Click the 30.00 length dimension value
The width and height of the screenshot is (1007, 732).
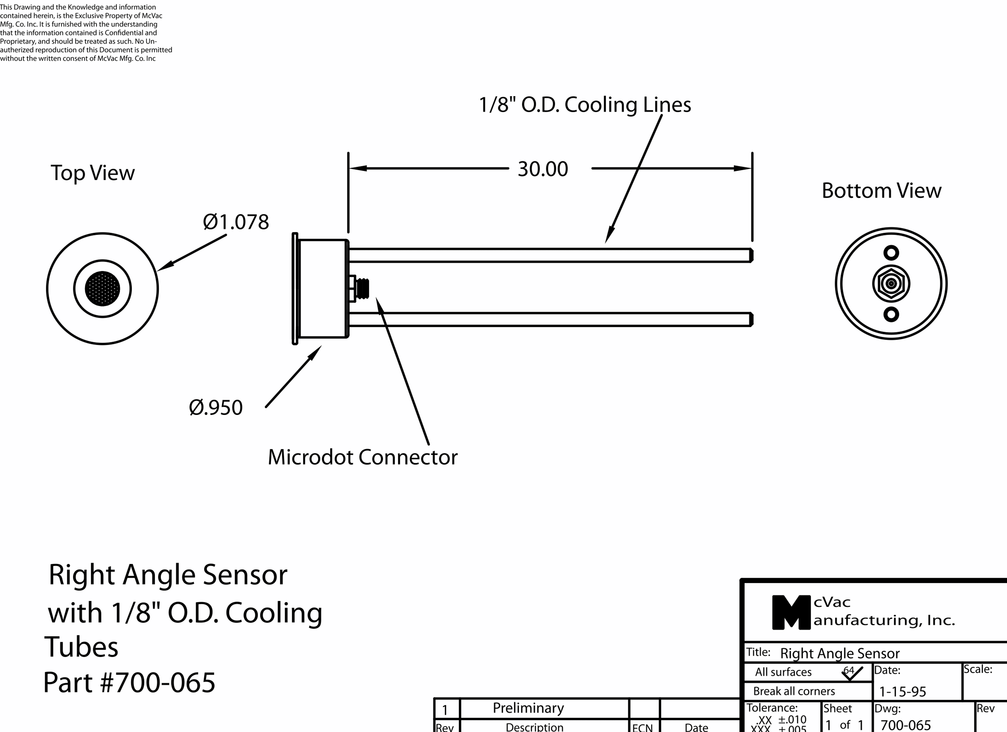(x=542, y=169)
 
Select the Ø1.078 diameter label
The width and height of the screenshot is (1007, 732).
(x=236, y=222)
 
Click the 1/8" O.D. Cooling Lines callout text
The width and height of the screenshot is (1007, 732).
(x=585, y=105)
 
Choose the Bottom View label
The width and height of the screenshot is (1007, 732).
(x=881, y=190)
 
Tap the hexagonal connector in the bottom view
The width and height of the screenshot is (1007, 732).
(x=891, y=283)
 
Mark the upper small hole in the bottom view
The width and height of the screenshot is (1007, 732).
(x=891, y=253)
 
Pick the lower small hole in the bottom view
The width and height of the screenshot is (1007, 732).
(x=891, y=314)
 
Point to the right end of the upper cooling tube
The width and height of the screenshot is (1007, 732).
(x=751, y=255)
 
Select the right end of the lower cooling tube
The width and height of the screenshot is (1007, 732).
(x=751, y=319)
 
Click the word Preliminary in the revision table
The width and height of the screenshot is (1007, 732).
(x=528, y=708)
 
